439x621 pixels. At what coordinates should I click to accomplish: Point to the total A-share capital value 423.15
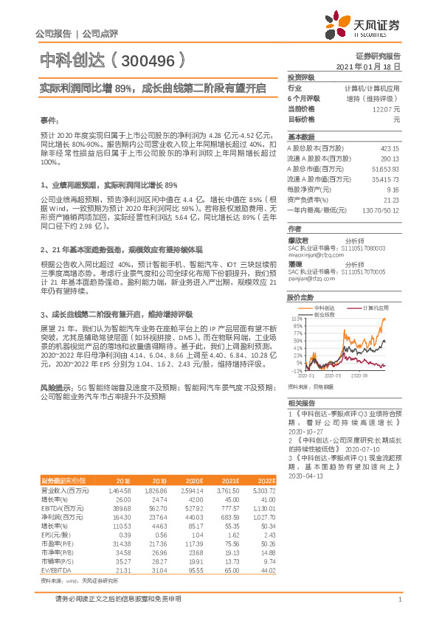tap(388, 147)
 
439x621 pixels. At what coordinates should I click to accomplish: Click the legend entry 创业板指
tap(325, 313)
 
